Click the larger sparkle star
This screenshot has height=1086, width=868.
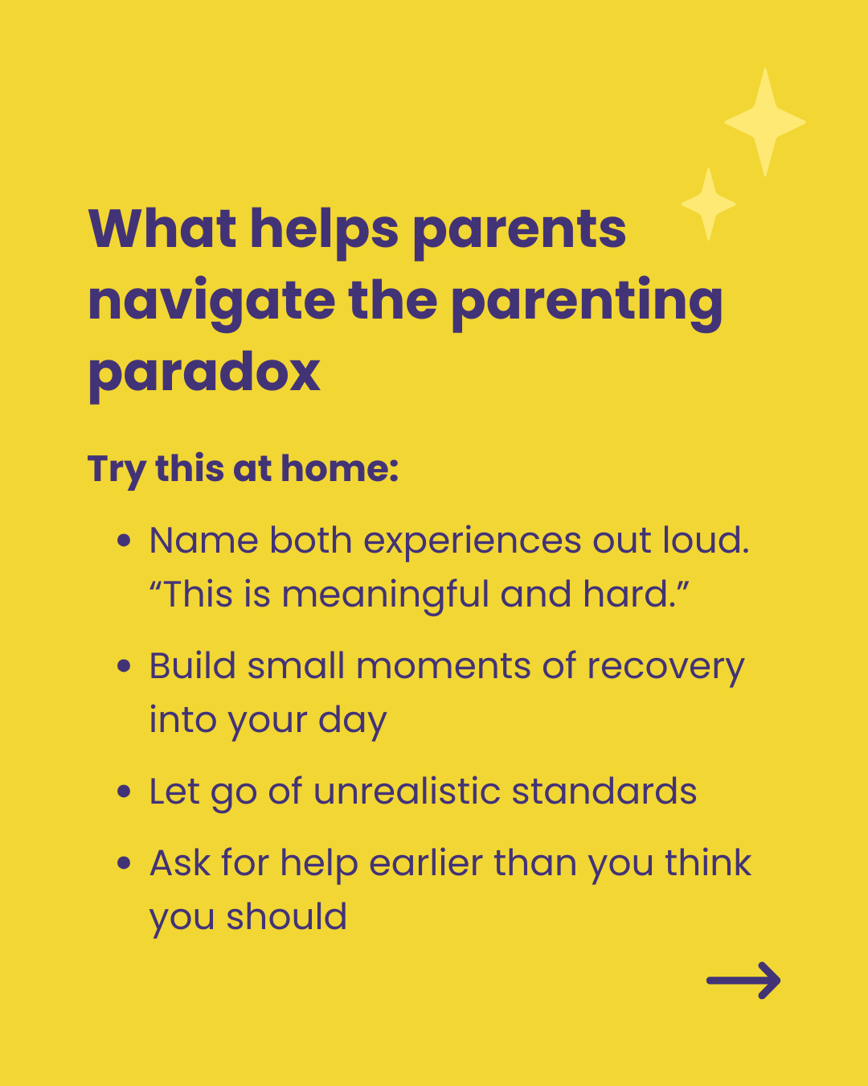coord(764,122)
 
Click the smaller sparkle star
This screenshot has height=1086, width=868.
coord(708,204)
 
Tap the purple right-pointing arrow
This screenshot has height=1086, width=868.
coord(743,980)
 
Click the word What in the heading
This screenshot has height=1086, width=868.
coord(162,228)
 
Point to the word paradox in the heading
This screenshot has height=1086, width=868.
coord(204,373)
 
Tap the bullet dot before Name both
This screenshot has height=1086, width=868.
coord(124,541)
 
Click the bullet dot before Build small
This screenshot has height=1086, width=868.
coord(124,666)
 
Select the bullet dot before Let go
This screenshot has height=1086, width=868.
coord(124,791)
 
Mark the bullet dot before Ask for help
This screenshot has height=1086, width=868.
coord(124,863)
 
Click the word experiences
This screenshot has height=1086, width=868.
coord(472,542)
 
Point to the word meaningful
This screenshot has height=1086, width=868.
coord(385,595)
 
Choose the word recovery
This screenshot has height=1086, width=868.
coord(665,668)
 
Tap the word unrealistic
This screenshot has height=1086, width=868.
coord(407,791)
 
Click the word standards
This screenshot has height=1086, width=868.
coord(604,791)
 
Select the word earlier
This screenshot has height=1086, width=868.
coord(426,863)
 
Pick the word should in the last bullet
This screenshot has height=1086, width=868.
coord(286,916)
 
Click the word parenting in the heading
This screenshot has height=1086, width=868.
coord(587,303)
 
